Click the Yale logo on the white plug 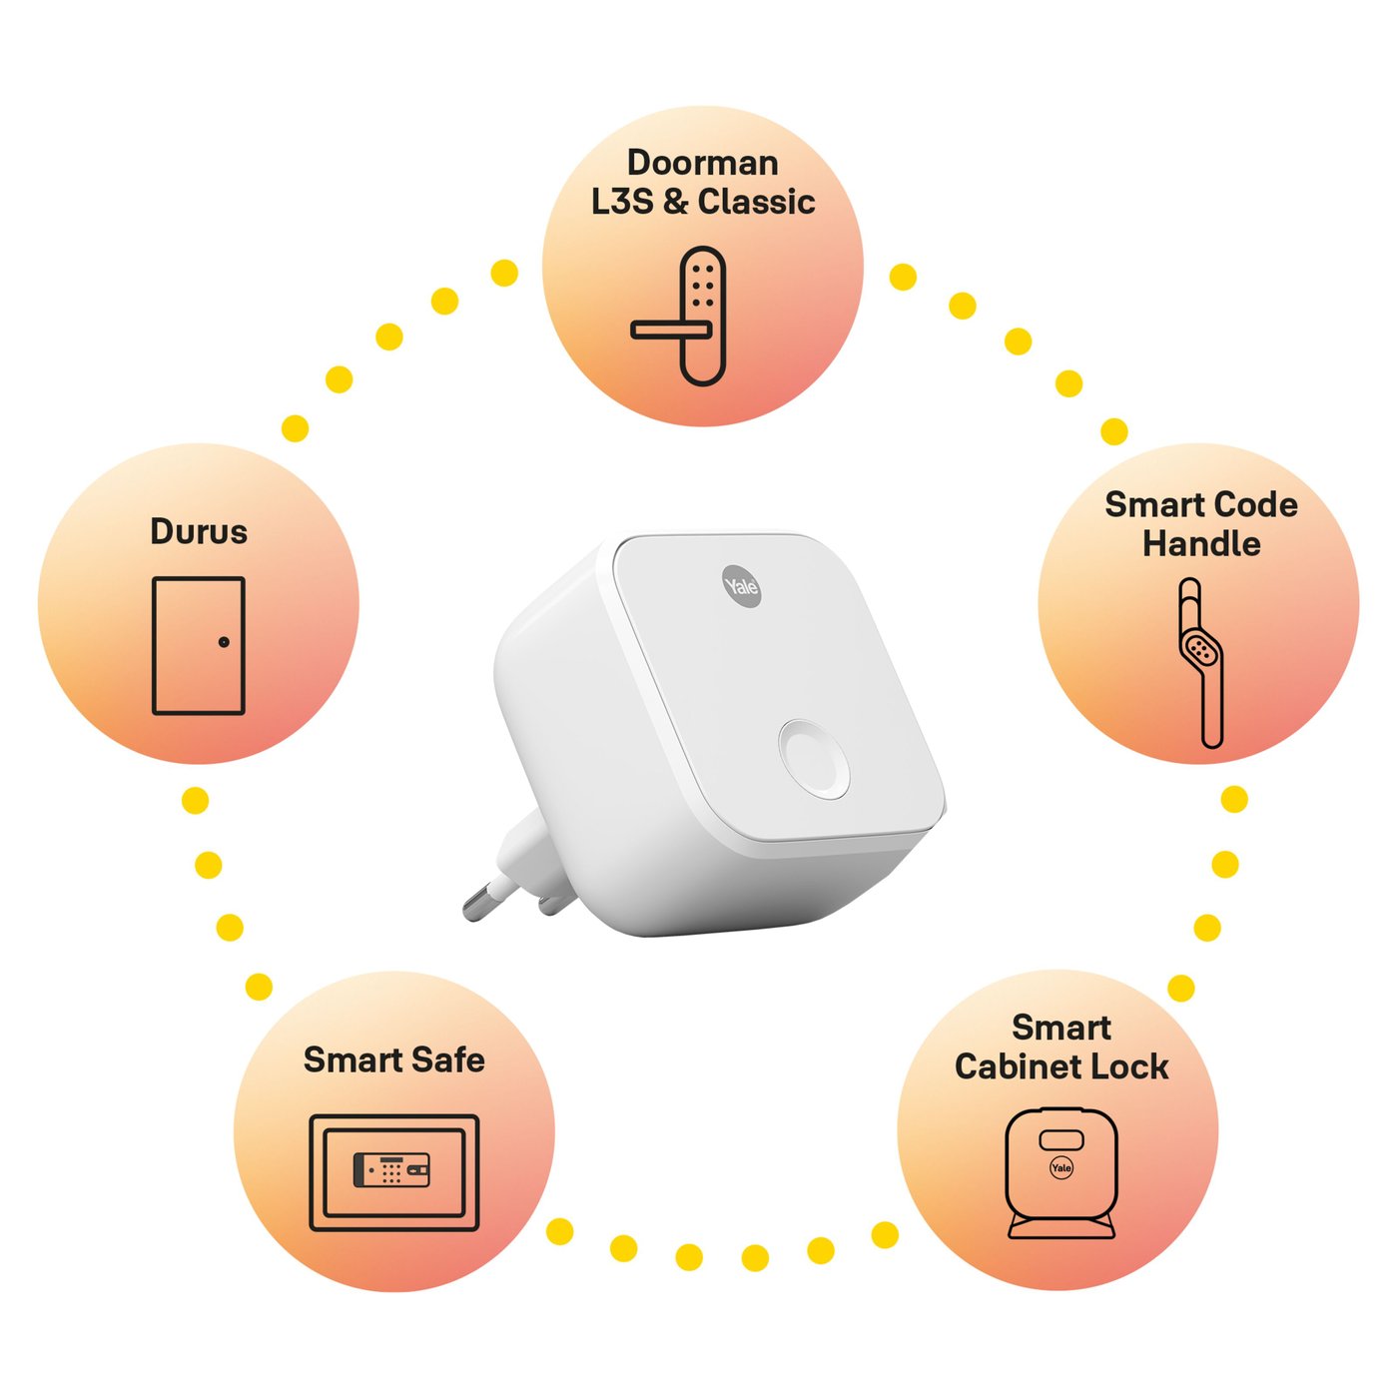pos(742,586)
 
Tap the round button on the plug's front pos(815,758)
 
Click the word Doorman pos(702,163)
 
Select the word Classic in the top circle pos(756,202)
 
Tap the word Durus pos(198,531)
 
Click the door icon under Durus pos(198,645)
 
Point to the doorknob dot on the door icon pos(224,642)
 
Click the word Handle pos(1201,544)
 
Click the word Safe pos(451,1059)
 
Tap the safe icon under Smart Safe pos(393,1172)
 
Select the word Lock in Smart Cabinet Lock pos(1129,1066)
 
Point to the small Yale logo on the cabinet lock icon pos(1061,1167)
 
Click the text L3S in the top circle pos(623,202)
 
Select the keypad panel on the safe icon pos(392,1170)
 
